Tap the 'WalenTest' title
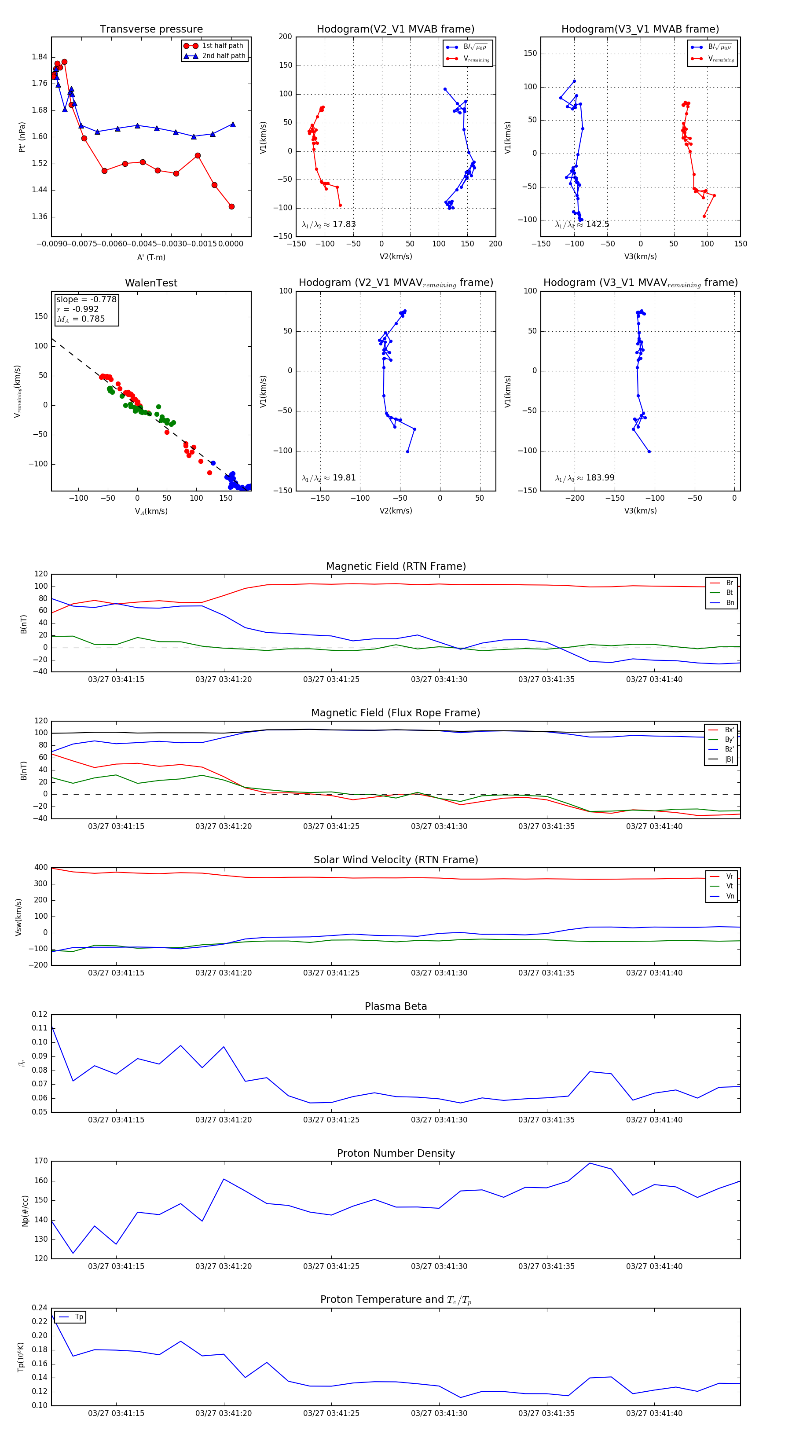point(151,283)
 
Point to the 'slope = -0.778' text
point(86,299)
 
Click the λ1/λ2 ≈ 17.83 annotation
point(329,224)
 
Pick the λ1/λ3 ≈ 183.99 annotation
point(585,477)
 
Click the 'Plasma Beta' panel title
point(396,1006)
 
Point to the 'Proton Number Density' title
point(396,1153)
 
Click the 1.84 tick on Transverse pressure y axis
point(40,57)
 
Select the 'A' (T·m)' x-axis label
point(151,257)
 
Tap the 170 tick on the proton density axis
point(40,1161)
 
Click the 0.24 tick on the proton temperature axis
point(40,1308)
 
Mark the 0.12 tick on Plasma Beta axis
point(40,1014)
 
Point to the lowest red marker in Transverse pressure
point(231,206)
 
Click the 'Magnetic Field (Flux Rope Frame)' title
point(396,713)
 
